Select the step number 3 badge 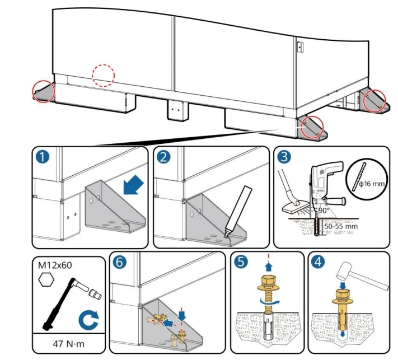point(285,157)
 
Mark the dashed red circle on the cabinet point(103,75)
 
